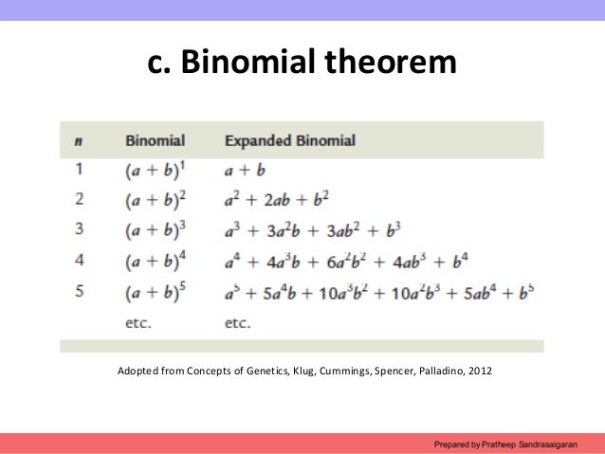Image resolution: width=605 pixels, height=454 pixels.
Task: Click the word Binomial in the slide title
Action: coord(250,64)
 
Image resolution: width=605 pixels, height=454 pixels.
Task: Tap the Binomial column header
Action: coord(155,141)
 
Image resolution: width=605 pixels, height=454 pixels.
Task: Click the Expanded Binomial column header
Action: coord(289,141)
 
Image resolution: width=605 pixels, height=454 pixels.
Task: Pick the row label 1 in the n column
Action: coord(79,171)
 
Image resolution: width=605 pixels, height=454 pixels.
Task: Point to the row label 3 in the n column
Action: coord(79,230)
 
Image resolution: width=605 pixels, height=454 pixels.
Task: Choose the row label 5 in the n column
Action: coord(79,292)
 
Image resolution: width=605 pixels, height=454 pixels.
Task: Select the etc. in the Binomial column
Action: coord(139,322)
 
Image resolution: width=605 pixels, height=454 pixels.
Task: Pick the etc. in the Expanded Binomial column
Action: coord(238,322)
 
